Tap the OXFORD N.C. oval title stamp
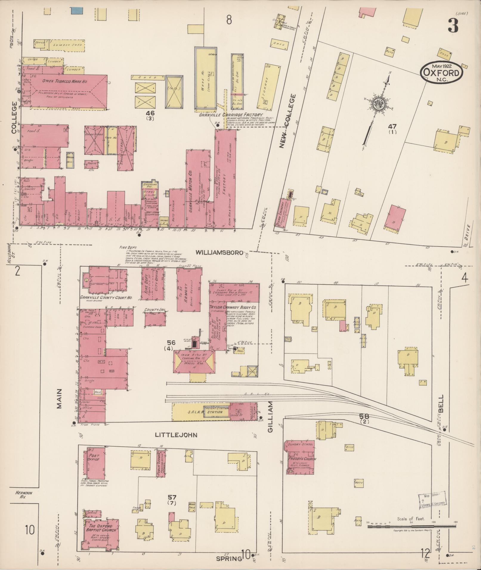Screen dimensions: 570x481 [x=442, y=72]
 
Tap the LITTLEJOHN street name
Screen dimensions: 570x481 [x=176, y=435]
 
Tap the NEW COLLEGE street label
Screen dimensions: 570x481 [x=288, y=121]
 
